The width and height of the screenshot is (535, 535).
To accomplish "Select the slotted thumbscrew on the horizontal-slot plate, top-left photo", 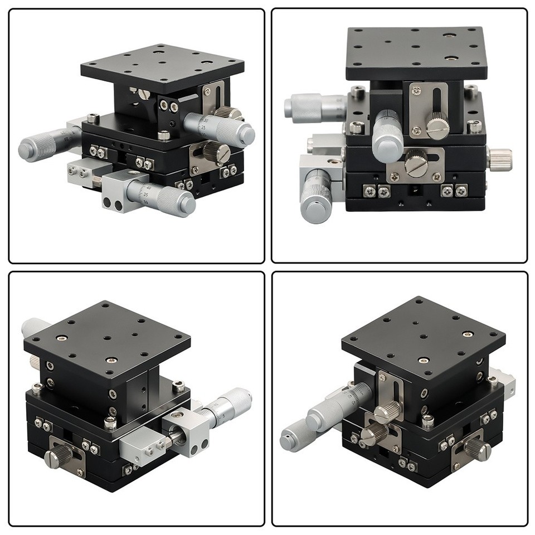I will pos(212,151).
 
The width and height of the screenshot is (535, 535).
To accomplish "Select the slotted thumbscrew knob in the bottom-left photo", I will pos(56,456).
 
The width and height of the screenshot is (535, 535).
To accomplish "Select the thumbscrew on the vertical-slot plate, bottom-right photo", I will pos(385,413).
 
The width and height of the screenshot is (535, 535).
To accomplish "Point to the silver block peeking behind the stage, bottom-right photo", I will pos(506,381).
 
